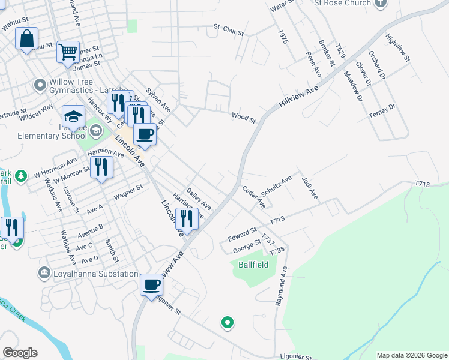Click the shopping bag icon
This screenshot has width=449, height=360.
26,39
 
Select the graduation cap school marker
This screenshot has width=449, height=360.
73,116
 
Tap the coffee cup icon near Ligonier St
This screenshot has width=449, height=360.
152,284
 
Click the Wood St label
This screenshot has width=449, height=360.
244,118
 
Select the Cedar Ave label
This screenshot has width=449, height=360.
254,197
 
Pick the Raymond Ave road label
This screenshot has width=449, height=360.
281,287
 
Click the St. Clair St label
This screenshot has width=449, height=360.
229,29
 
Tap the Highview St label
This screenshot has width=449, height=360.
398,47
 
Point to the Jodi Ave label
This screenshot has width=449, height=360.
310,188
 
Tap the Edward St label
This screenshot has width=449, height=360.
242,234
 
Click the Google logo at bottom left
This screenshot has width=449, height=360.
20,353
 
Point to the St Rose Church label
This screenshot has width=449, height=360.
343,3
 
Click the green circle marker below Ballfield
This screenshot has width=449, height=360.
227,323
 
